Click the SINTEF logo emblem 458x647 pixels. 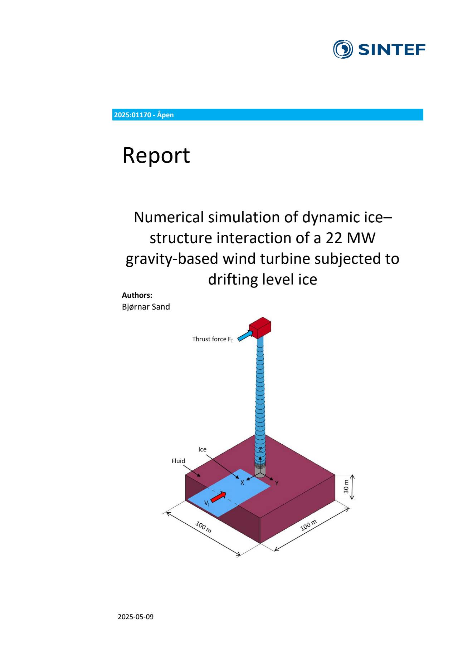tap(343, 49)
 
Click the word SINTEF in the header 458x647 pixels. tap(391, 50)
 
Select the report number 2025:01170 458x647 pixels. tap(132, 115)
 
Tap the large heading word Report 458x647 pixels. tap(156, 155)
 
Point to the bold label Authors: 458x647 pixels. tap(137, 295)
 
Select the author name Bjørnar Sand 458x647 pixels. tap(146, 307)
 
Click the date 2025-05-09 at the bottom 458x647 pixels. tap(136, 617)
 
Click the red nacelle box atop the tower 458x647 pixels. tap(260, 327)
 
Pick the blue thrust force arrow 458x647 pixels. tap(245, 336)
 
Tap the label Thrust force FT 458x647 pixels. tap(213, 339)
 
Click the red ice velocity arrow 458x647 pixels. tap(218, 497)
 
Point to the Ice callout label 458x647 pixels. tap(203, 450)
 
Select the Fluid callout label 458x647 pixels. tap(178, 461)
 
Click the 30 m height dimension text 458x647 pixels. tap(346, 487)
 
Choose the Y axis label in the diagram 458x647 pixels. tap(277, 484)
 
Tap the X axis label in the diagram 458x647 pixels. tap(242, 483)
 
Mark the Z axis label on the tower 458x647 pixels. tap(260, 450)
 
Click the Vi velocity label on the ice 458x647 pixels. tap(207, 503)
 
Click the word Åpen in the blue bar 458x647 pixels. tap(165, 115)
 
